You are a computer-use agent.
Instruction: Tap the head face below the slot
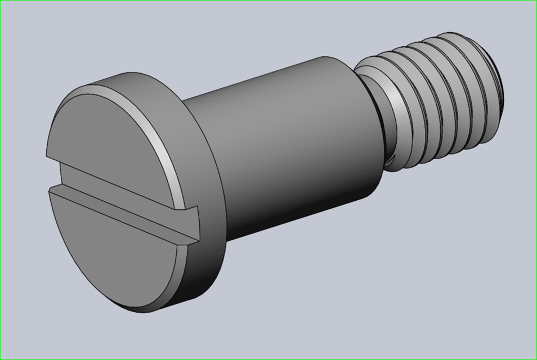pos(113,247)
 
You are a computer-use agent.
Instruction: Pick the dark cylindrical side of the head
pos(211,247)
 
